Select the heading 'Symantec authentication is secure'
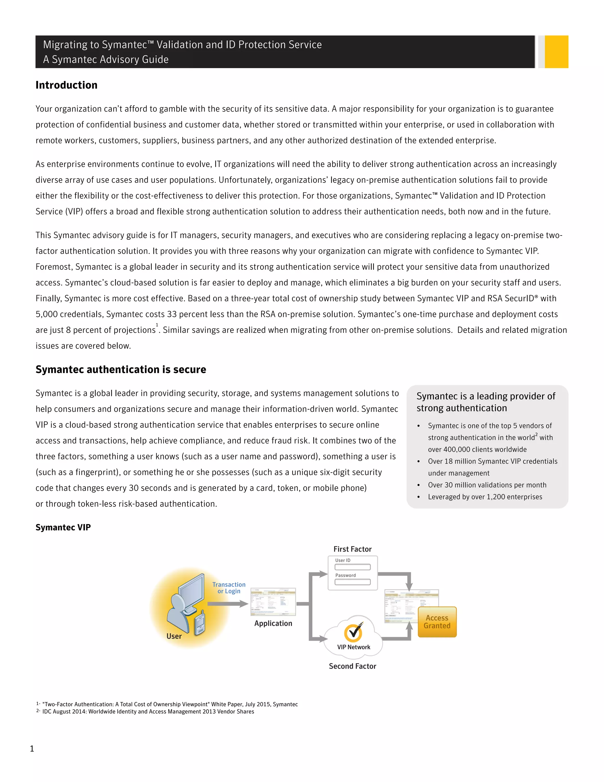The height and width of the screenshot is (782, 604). (x=121, y=369)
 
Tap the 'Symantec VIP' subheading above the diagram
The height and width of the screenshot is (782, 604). (x=63, y=527)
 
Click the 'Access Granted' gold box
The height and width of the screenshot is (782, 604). (x=437, y=622)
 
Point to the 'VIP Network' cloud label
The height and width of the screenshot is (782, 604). (x=354, y=647)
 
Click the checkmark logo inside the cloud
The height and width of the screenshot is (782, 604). (x=353, y=632)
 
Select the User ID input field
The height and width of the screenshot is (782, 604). (x=352, y=567)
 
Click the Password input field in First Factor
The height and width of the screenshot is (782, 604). (x=352, y=582)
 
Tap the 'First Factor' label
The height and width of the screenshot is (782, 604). (x=352, y=549)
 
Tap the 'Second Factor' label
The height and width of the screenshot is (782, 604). (x=352, y=666)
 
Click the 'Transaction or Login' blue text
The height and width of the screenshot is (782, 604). (x=229, y=588)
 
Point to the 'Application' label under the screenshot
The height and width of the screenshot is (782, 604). (x=273, y=623)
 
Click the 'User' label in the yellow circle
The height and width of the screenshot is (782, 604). (x=174, y=636)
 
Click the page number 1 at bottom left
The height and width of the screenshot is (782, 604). (x=32, y=748)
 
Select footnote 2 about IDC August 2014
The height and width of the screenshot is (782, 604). (x=148, y=711)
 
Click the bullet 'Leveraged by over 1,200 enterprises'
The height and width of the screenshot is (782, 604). (x=485, y=497)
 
